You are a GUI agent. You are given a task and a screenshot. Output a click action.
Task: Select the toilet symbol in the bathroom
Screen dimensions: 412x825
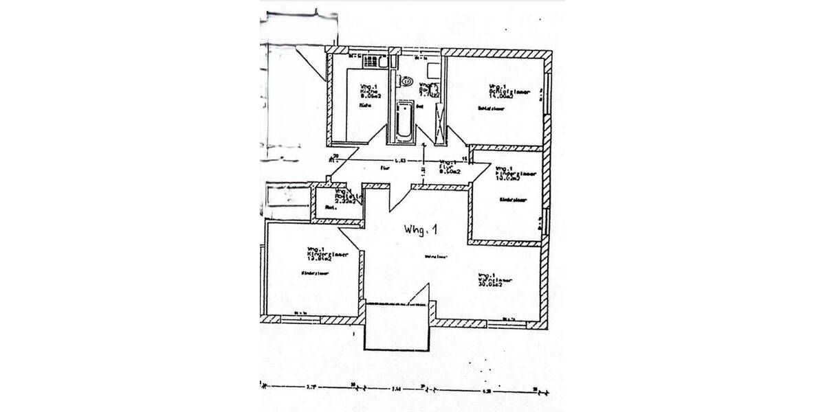407,82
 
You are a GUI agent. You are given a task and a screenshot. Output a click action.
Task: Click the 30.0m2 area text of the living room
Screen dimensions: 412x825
489,284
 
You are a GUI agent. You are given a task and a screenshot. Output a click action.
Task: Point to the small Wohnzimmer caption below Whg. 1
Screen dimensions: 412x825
436,257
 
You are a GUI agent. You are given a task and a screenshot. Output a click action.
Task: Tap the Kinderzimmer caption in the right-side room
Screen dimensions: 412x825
512,200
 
